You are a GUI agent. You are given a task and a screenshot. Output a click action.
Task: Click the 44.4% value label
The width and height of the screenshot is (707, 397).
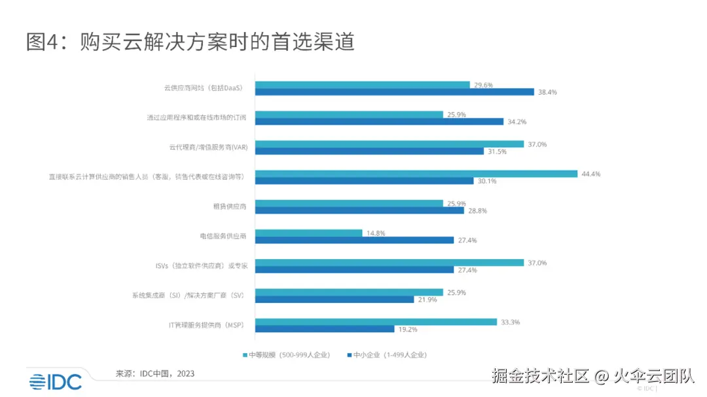591,174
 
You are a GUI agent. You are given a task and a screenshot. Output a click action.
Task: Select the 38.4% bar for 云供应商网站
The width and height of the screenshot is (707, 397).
394,92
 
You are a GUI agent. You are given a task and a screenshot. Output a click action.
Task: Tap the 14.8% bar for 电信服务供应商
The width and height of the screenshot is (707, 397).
308,233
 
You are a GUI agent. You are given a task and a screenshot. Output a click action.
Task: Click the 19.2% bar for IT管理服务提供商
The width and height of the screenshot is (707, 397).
325,329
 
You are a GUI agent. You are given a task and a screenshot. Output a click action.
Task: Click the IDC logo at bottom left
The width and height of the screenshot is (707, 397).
55,381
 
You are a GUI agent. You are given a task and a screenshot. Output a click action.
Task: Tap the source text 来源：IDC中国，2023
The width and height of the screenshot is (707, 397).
155,373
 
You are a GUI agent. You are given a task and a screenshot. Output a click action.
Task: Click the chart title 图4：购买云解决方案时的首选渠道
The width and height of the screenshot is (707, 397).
190,42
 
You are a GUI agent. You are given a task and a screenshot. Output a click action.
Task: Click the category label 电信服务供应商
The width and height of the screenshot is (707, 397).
223,236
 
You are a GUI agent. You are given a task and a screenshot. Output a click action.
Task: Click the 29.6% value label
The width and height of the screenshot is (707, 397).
484,85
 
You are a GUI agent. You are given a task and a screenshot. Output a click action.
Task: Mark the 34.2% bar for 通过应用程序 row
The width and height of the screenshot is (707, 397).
379,122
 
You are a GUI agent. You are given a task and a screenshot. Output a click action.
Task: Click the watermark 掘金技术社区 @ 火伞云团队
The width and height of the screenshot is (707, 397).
592,376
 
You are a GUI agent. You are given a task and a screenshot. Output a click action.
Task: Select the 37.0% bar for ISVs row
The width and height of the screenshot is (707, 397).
389,262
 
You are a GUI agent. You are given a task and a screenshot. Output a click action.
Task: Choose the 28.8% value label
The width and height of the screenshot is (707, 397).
478,211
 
